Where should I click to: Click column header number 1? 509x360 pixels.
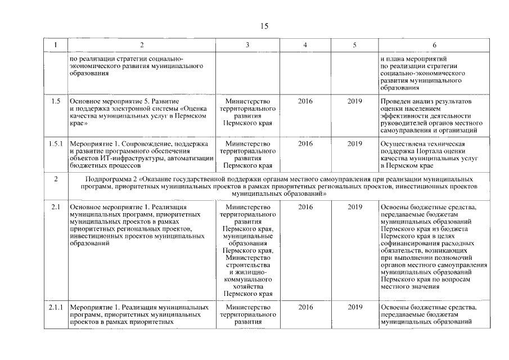[55, 45]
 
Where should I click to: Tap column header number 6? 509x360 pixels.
[434, 45]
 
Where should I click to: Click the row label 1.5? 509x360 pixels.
[55, 101]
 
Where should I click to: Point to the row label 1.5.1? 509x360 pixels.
[55, 144]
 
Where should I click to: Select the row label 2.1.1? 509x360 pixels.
[55, 308]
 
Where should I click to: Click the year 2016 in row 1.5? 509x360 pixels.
[305, 101]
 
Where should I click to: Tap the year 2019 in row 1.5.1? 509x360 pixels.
[354, 144]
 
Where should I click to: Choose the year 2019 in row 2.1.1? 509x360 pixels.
[354, 308]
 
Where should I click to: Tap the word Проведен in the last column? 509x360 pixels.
[396, 101]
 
